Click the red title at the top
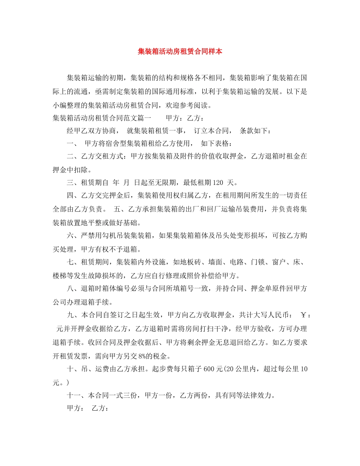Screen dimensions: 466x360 180,52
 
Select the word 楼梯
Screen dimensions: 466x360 60,275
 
